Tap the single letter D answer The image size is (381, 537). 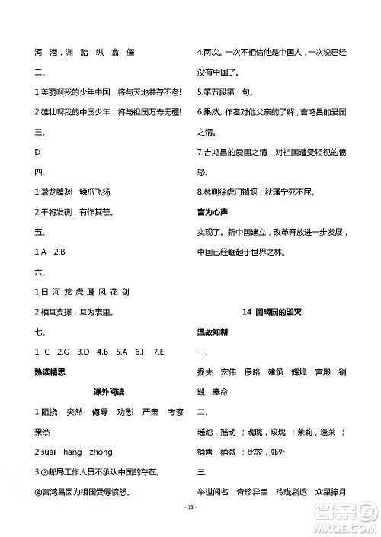[37, 152]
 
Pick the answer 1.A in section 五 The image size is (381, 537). [41, 251]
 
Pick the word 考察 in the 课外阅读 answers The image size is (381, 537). [176, 412]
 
